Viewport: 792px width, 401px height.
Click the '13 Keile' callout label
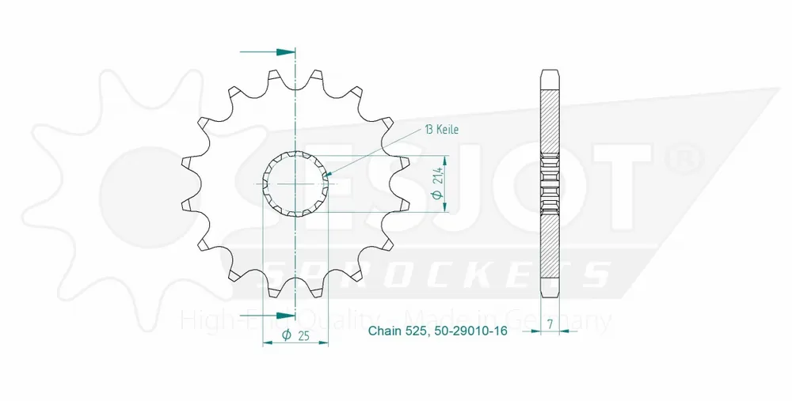(442, 129)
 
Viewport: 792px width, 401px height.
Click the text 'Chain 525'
(398, 331)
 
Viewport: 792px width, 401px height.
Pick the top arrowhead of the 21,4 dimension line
(448, 156)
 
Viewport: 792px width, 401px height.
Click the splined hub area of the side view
(551, 182)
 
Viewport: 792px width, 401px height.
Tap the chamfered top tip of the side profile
(551, 74)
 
